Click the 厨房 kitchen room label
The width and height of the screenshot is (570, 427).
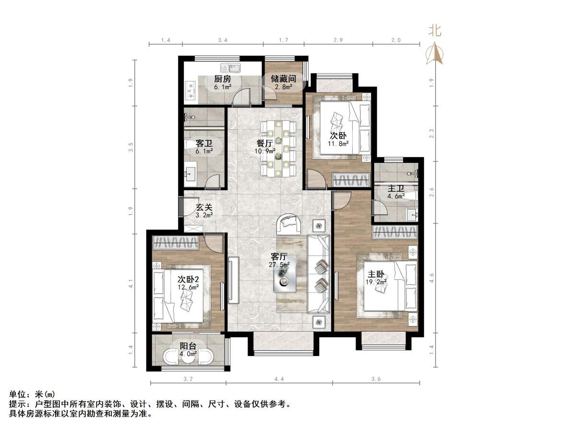click(223, 79)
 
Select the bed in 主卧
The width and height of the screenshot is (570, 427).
click(388, 292)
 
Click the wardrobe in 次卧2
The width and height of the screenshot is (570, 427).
click(176, 242)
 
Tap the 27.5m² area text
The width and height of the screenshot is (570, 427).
click(279, 265)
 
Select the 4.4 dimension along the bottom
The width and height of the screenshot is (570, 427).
click(279, 379)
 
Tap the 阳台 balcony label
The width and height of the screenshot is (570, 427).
click(188, 346)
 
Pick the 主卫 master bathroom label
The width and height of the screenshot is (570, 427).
click(396, 188)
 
